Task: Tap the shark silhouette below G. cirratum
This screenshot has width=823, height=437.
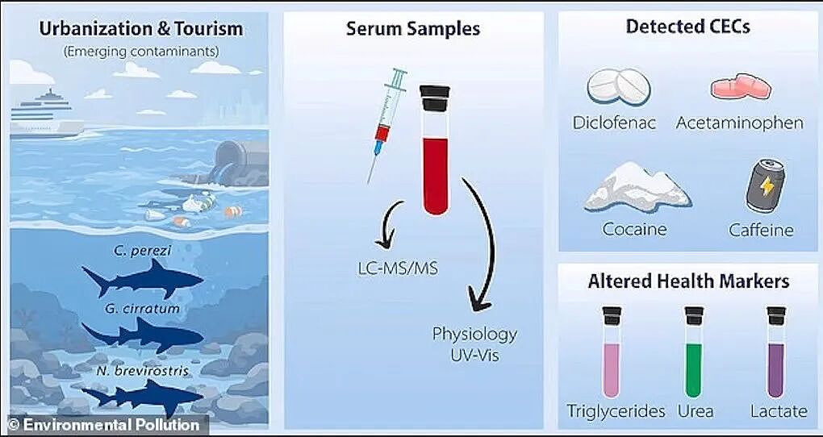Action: (143, 335)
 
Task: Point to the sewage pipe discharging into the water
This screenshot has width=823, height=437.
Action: (239, 163)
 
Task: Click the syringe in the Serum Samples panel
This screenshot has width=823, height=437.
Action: (387, 125)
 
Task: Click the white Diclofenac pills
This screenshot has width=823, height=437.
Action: (618, 86)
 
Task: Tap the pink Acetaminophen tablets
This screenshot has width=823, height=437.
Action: (741, 87)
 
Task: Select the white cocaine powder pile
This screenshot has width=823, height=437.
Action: (637, 187)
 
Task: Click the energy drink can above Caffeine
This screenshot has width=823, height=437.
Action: (766, 185)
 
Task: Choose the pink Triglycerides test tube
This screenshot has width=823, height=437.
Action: (612, 352)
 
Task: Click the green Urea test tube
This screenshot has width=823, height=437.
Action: (694, 352)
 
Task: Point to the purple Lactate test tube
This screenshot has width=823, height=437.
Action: (775, 352)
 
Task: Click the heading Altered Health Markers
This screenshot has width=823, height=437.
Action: (688, 281)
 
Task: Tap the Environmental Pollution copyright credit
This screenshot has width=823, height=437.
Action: (104, 425)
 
